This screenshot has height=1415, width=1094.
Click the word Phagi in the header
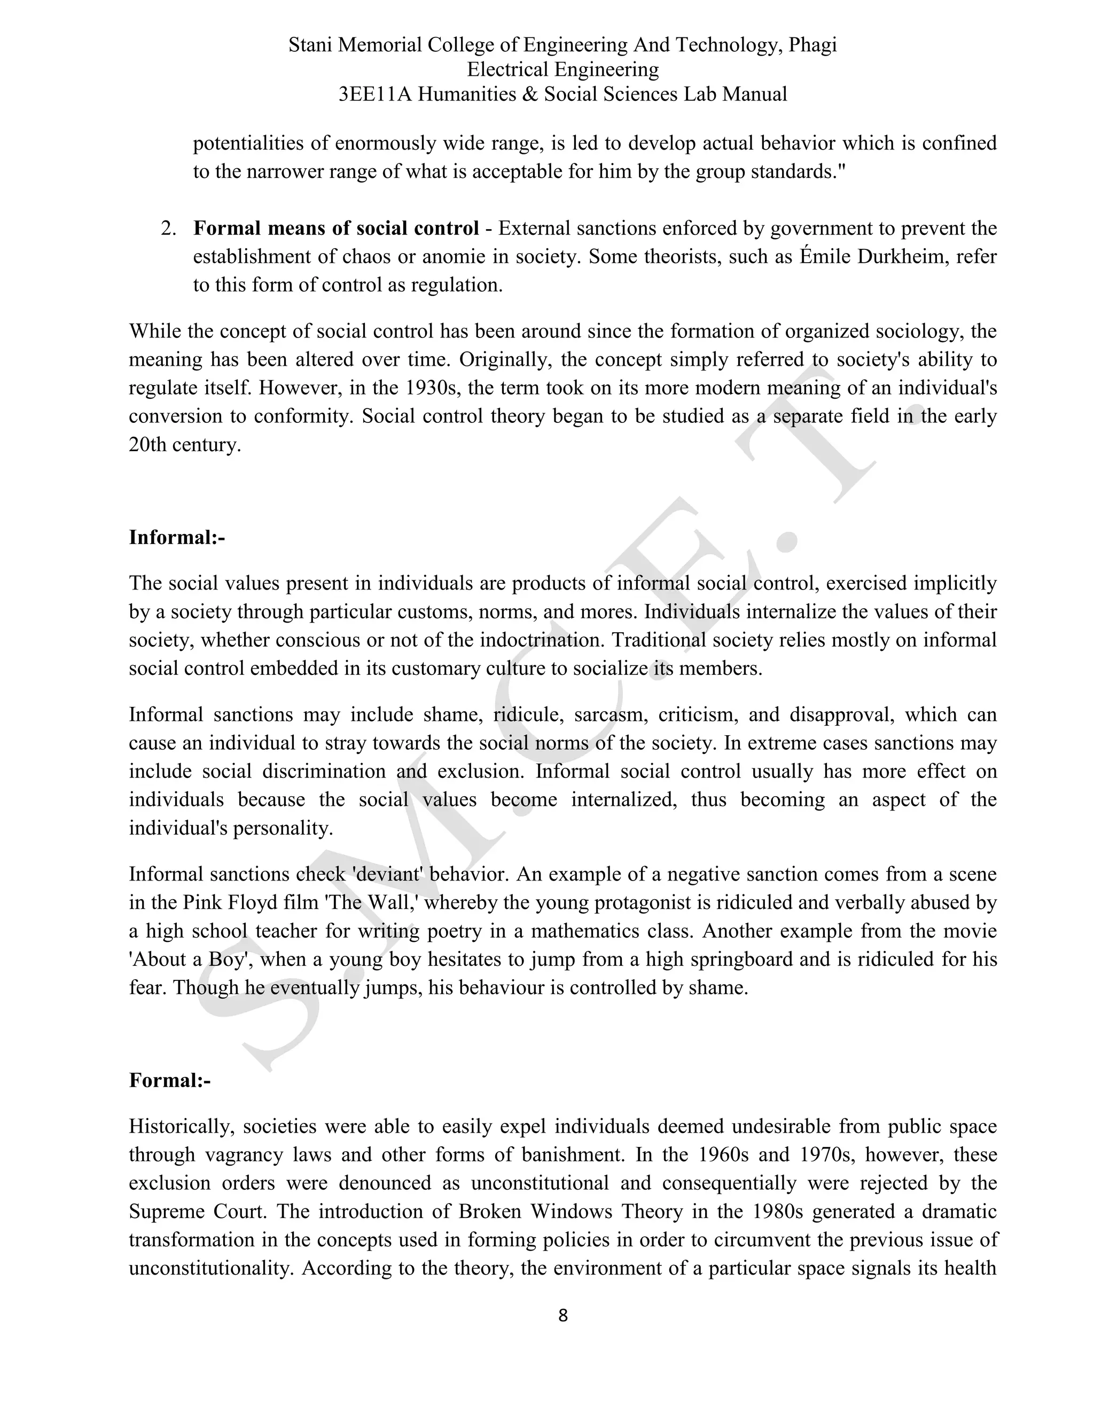coord(812,45)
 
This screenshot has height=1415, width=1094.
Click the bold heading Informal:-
coord(177,537)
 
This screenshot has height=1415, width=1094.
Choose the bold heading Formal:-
coord(170,1080)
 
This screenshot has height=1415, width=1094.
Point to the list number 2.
coord(168,228)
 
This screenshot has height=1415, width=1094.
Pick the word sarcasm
coord(611,714)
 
